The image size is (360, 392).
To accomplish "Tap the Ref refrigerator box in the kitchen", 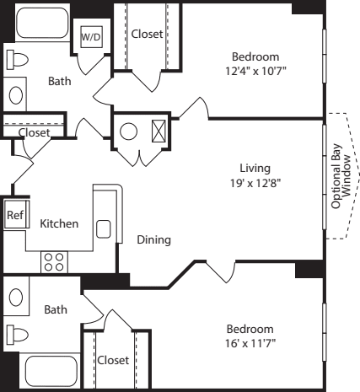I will (14, 215).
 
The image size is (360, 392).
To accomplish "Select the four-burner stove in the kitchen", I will (54, 261).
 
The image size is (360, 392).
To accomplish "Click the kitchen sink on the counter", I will (104, 228).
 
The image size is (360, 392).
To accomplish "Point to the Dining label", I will (153, 240).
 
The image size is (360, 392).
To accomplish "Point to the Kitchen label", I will (59, 223).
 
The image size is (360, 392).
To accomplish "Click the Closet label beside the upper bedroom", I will (147, 34).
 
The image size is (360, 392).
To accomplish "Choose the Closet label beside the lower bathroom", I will (113, 360).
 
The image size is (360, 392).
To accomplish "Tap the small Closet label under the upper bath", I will (34, 132).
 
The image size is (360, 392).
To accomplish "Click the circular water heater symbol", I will (129, 132).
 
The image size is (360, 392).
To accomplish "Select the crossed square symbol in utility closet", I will (157, 131).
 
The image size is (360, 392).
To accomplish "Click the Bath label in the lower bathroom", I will (56, 309).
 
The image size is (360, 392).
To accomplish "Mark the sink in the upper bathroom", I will (16, 94).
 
